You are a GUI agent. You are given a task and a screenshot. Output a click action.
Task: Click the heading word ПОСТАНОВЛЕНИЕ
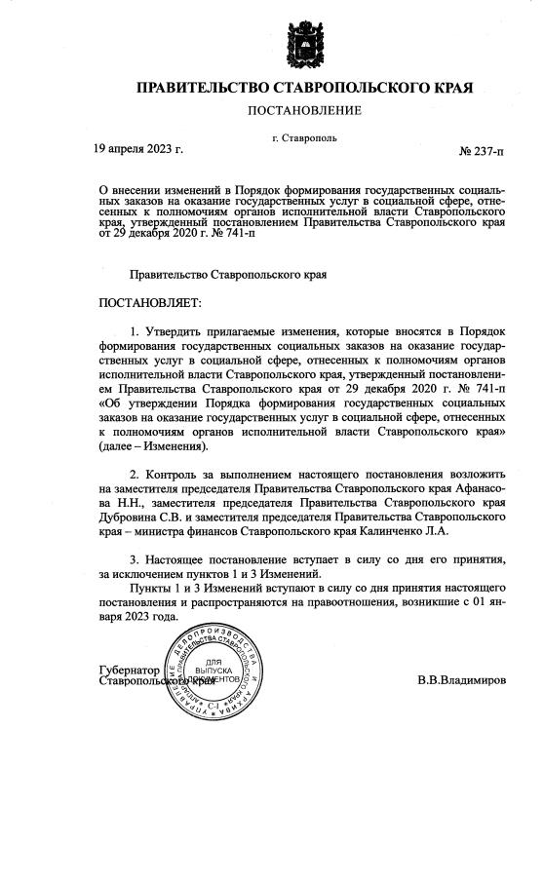pos(304,111)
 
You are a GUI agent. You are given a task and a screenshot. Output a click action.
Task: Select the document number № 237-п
pos(482,152)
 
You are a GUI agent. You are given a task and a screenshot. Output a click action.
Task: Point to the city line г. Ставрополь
pos(305,137)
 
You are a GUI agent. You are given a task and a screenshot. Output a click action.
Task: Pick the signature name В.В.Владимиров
pos(462,678)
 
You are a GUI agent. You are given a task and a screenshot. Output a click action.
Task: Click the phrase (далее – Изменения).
pos(154,445)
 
